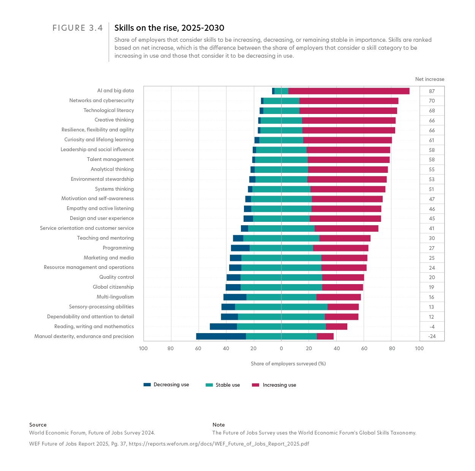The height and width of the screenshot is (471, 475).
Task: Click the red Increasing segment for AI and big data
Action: click(349, 91)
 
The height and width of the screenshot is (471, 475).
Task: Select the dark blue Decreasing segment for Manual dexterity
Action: click(221, 336)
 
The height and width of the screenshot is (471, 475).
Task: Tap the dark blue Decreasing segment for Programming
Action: click(240, 248)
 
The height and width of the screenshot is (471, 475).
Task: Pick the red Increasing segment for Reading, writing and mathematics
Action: click(336, 326)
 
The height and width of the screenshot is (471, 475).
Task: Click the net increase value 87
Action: click(432, 91)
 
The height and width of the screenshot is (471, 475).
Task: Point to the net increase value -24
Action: click(432, 337)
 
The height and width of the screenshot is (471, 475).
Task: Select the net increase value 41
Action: click(432, 229)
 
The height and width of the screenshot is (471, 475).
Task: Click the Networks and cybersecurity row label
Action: click(101, 101)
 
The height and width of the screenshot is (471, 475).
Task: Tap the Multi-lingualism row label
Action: click(115, 297)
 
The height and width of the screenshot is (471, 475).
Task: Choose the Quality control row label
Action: click(116, 277)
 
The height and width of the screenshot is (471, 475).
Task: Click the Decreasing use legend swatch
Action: click(147, 385)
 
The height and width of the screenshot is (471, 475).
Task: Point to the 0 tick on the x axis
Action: click(281, 349)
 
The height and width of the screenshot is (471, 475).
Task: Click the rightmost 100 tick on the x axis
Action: click(419, 349)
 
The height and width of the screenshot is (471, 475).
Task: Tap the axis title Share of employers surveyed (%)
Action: click(288, 364)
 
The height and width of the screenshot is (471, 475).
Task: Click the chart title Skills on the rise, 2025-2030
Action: click(169, 28)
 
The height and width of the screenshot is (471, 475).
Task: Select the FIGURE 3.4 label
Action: click(78, 28)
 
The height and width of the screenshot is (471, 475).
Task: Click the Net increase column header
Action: click(429, 79)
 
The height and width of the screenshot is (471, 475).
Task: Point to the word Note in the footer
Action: click(218, 425)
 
